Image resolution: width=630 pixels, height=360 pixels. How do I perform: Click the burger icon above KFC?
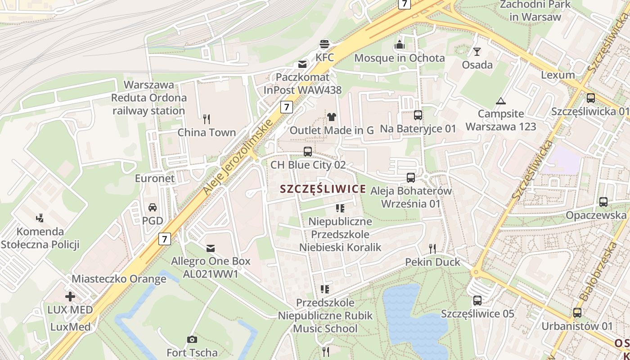tap(324, 44)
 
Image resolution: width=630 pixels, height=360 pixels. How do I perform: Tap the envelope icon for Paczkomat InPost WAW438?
tap(302, 64)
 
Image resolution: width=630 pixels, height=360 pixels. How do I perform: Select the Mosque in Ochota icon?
tap(399, 45)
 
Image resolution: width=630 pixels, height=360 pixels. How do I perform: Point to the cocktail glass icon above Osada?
tap(477, 51)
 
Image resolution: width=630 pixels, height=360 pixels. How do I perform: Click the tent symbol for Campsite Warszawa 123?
tap(500, 101)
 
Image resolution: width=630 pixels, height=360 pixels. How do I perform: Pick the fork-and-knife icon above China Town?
tap(207, 119)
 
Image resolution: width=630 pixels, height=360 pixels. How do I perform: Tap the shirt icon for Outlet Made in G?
tap(332, 117)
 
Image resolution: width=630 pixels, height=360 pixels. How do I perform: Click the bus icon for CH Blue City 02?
tap(308, 152)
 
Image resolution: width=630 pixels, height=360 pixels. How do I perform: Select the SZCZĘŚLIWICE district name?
tap(323, 189)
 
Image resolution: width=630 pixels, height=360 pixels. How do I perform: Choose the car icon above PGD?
tap(153, 207)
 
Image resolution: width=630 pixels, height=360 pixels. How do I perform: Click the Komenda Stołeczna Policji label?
tap(40, 238)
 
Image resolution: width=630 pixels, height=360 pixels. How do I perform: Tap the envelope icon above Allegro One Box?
tap(210, 248)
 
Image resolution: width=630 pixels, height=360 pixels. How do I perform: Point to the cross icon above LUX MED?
tap(70, 297)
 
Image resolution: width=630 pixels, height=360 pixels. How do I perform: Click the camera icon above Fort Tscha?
tap(192, 339)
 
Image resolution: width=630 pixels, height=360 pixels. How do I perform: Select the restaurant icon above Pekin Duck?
tap(432, 248)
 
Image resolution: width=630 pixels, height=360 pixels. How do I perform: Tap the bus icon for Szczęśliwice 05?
tap(477, 300)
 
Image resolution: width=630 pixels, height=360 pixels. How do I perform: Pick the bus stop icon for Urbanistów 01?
tap(577, 312)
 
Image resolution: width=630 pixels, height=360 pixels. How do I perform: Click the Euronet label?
tap(155, 178)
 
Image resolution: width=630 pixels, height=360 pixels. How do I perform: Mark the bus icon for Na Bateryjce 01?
tap(418, 115)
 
